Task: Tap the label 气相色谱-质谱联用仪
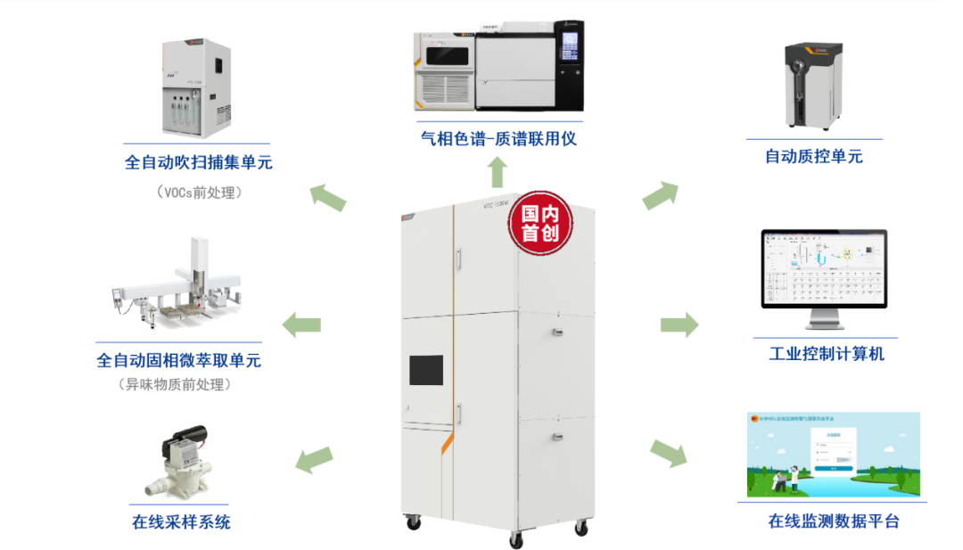point(492,138)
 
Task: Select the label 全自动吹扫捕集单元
point(198,162)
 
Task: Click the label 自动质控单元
point(814,157)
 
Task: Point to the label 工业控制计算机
point(827,354)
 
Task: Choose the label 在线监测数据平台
point(833,521)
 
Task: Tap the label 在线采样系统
point(181,521)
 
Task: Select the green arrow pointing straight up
point(498,172)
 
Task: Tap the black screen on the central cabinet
point(425,370)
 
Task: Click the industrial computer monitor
point(825,272)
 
